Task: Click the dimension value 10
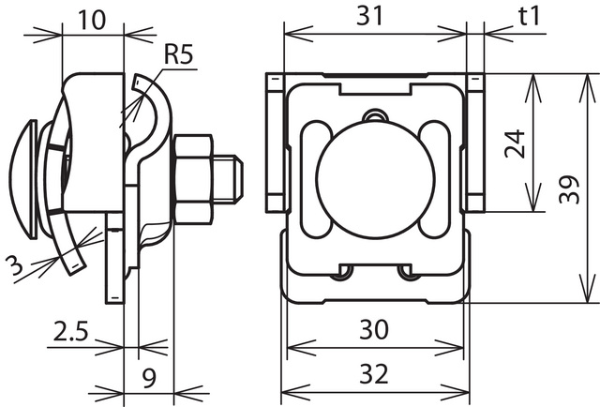point(92,19)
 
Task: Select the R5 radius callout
point(177,55)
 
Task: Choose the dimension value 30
point(374,330)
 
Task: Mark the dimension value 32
point(374,375)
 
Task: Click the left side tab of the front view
point(274,143)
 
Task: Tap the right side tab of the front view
point(474,143)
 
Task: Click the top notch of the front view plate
point(375,87)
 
